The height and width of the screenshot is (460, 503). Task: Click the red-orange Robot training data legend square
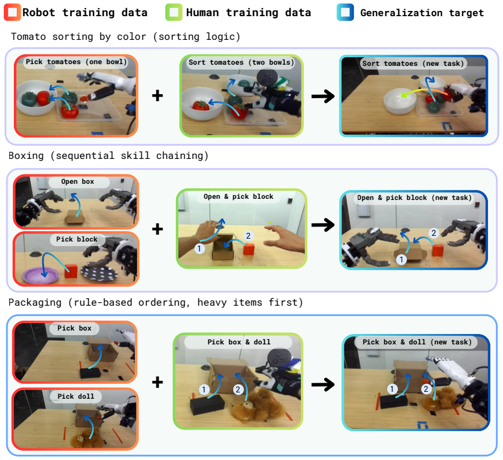12,12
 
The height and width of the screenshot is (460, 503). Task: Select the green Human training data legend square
174,12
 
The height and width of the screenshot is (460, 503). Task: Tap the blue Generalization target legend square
345,12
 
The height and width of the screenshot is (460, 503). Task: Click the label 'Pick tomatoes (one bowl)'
76,62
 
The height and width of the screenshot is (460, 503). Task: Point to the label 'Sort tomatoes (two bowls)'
241,62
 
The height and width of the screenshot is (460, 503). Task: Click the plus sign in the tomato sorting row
157,95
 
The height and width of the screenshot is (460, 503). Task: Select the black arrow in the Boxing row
323,225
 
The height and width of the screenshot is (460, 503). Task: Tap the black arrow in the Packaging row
323,384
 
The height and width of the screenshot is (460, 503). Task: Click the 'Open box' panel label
78,181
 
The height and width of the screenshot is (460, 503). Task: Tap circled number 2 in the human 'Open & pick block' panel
248,236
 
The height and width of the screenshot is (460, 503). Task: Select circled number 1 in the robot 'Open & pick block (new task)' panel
401,259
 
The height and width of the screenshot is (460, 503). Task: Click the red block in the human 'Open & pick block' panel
249,249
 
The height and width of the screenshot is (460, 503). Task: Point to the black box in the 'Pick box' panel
90,373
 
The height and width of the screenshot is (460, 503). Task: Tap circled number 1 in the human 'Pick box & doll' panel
204,389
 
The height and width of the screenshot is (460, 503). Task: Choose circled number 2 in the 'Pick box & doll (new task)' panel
426,389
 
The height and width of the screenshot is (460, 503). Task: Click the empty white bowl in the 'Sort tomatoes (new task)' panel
400,101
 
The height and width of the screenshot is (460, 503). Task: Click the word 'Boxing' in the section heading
26,156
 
